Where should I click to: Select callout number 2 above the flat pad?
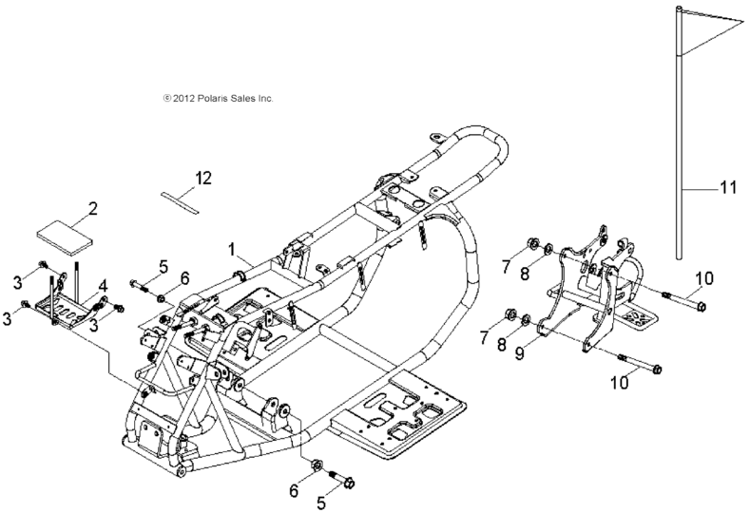pyautogui.click(x=93, y=208)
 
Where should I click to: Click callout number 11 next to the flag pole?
pyautogui.click(x=727, y=188)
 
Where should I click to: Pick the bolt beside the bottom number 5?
pyautogui.click(x=342, y=479)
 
